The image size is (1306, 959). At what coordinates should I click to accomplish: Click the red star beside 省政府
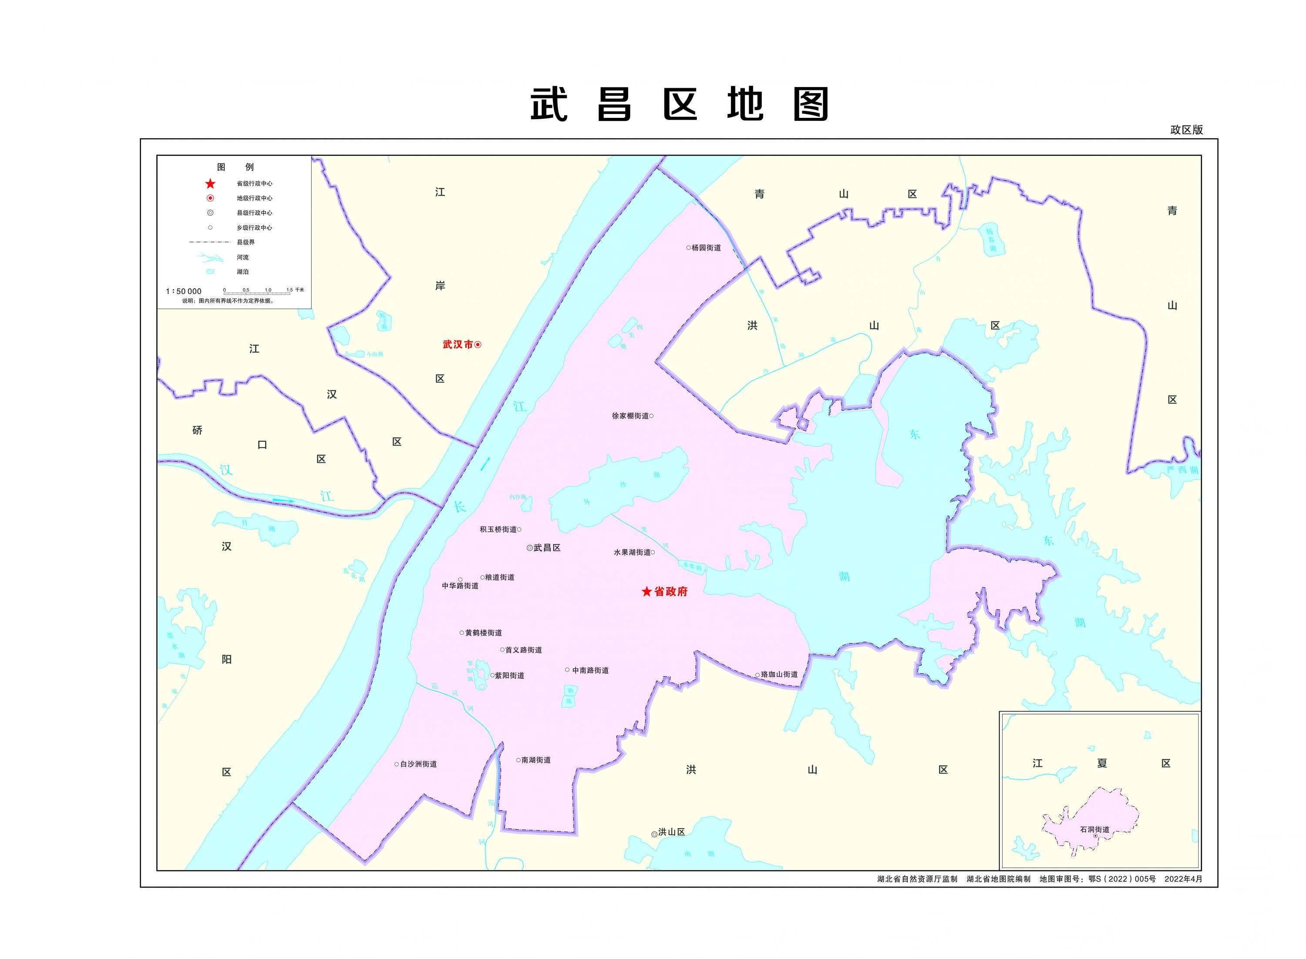[x=646, y=591]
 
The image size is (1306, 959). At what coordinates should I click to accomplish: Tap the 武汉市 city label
[x=457, y=344]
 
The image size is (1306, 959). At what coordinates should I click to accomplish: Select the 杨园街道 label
[x=706, y=248]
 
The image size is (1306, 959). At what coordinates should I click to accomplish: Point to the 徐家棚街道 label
[x=630, y=416]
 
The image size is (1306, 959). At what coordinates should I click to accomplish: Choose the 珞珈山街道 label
[x=779, y=675]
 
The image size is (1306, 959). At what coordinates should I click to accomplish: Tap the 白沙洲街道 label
[x=418, y=764]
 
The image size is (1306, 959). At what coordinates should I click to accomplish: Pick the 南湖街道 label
[x=535, y=760]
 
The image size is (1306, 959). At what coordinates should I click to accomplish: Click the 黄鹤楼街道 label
[x=483, y=633]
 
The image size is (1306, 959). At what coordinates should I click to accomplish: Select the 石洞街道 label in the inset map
[x=1094, y=829]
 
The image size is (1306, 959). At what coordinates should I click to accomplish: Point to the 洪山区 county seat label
[x=672, y=832]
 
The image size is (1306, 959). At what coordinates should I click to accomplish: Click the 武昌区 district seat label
[x=547, y=548]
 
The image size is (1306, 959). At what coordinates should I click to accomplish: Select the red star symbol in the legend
[x=210, y=184]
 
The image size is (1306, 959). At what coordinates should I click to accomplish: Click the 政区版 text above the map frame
[x=1186, y=130]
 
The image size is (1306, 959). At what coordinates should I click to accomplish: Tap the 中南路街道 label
[x=590, y=671]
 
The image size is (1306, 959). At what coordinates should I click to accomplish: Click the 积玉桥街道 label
[x=498, y=529]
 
